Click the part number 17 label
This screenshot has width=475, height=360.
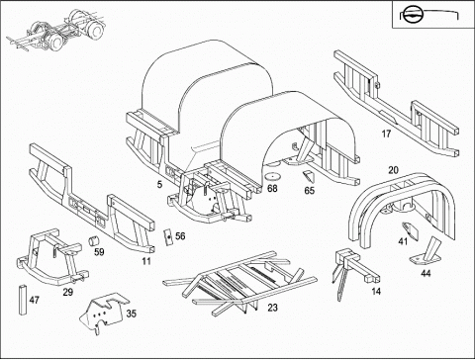(386, 134)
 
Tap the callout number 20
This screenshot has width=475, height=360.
(393, 170)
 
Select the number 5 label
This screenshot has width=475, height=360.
(159, 184)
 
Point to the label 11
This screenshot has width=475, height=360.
(146, 261)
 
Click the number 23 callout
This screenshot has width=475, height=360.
(272, 308)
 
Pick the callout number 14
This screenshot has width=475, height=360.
(376, 292)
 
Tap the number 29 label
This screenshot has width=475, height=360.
(68, 292)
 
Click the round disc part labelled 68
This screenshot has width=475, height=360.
(273, 176)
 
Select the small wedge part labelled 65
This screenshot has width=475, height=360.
(309, 176)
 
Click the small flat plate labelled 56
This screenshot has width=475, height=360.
(168, 236)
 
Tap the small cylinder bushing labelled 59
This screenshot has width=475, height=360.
(94, 240)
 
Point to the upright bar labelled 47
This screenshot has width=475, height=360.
(23, 300)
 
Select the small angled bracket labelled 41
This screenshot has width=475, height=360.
(410, 230)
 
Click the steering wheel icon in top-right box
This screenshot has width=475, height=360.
(413, 15)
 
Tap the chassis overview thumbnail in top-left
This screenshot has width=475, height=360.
(54, 31)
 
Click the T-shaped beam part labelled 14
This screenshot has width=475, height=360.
(354, 270)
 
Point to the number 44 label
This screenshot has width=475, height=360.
(426, 273)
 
